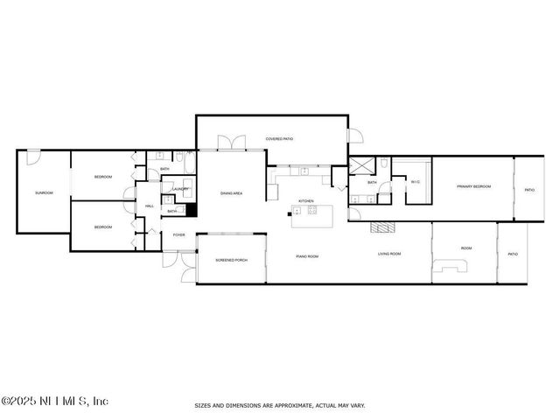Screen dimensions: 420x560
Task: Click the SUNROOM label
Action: (44, 192)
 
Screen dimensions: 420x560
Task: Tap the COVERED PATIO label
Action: (279, 139)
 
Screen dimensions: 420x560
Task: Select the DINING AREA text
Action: (231, 193)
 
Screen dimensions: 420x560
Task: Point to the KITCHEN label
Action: (305, 201)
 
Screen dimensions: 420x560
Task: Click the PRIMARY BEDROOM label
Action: (473, 186)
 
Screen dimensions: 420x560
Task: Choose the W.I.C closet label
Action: (415, 182)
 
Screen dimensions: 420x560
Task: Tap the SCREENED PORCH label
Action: (231, 261)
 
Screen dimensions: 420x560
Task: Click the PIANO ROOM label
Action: (306, 256)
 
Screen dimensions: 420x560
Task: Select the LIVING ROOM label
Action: (388, 254)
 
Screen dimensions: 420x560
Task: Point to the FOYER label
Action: (178, 234)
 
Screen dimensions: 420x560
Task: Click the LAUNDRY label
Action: (180, 189)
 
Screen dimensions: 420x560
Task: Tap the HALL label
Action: (150, 206)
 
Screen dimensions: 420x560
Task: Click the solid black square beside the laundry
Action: (192, 210)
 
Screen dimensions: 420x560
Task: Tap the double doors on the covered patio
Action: (230, 143)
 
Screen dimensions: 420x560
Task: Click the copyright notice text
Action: (54, 401)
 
